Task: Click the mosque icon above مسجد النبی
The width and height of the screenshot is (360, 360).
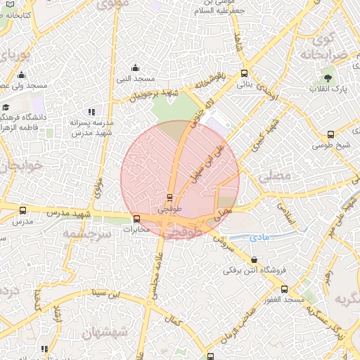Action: [x=136, y=68]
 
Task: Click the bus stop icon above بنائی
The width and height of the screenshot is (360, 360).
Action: [x=244, y=73]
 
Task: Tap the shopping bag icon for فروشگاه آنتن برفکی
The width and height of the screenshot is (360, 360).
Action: [x=252, y=259]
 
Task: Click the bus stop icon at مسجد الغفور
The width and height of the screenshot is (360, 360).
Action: [x=284, y=289]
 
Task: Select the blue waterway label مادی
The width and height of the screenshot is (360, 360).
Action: [x=260, y=238]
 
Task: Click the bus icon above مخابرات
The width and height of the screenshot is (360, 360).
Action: [x=136, y=219]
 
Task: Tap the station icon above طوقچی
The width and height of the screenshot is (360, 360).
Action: [x=169, y=198]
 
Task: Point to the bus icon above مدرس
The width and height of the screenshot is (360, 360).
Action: [x=23, y=210]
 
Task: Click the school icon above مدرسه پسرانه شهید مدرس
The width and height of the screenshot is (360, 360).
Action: [x=91, y=112]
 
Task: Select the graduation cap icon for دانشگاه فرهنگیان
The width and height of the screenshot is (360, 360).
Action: [x=6, y=108]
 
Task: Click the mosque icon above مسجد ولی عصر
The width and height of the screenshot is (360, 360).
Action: [x=21, y=75]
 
